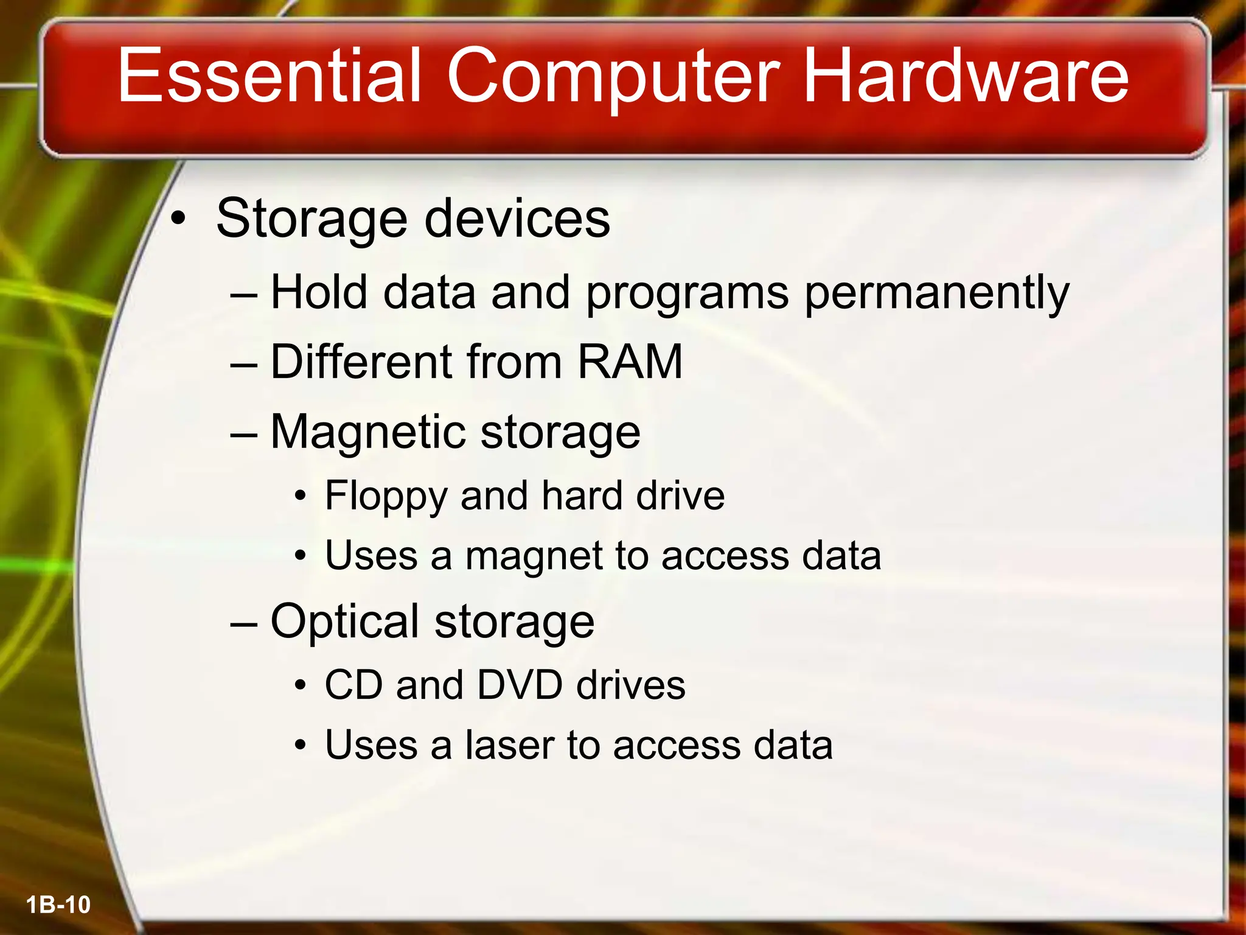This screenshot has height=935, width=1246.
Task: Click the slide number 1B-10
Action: point(58,905)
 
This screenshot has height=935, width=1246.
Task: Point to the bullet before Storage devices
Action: point(177,219)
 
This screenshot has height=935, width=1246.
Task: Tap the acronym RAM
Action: point(630,362)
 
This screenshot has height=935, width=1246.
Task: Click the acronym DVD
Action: point(520,685)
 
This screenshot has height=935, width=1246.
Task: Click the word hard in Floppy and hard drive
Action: point(582,495)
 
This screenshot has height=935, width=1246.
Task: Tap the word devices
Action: point(517,219)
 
